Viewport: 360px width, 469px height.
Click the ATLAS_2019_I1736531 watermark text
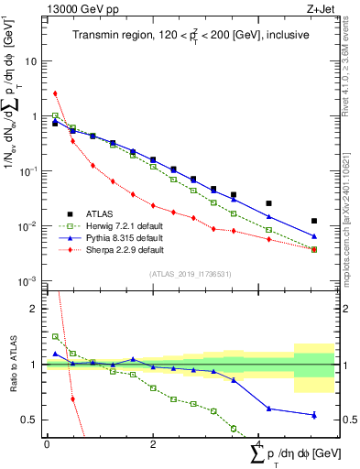click(x=190, y=273)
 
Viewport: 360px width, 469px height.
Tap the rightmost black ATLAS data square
click(x=314, y=221)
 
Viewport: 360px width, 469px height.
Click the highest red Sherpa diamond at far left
click(x=55, y=93)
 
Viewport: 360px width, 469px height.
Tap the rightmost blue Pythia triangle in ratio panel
click(x=314, y=415)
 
